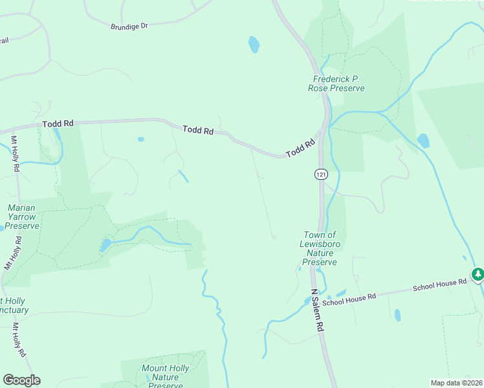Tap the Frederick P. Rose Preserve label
pos(335,83)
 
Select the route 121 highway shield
pos(321,174)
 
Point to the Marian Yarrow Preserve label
pos(23,217)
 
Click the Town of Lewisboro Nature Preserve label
pos(320,248)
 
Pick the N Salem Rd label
pos(316,310)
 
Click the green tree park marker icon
pos(478,275)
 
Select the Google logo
pos(21,380)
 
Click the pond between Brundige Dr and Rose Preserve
pos(254,45)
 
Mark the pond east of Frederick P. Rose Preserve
pos(423,140)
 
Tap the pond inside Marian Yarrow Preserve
pos(105,245)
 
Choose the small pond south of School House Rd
pos(397,315)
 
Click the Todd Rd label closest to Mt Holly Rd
pos(58,123)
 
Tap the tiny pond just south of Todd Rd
pos(140,139)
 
